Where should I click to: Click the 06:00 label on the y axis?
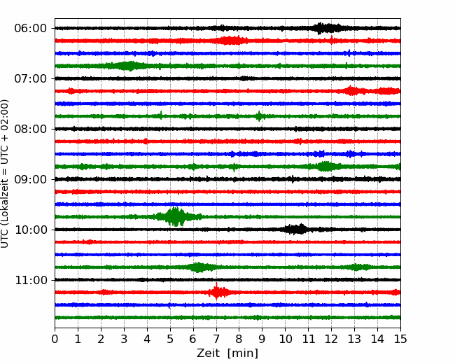[x=30, y=29]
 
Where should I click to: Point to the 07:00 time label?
[x=30, y=78]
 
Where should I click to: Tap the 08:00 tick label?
[x=30, y=129]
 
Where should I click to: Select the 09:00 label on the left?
[x=30, y=179]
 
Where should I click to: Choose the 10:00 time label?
[x=30, y=230]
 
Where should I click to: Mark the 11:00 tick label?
[x=30, y=280]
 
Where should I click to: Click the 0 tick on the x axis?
[x=55, y=339]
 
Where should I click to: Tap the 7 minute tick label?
[x=216, y=339]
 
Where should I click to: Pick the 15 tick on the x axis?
[x=400, y=339]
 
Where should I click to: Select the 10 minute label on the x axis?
[x=285, y=339]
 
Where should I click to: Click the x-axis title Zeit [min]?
[x=227, y=353]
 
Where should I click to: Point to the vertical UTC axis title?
[x=4, y=174]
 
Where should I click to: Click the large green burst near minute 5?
[x=175, y=216]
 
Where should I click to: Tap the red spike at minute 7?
[x=217, y=291]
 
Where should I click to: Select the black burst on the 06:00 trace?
[x=326, y=28]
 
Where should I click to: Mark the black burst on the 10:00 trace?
[x=295, y=230]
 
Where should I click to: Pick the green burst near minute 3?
[x=127, y=66]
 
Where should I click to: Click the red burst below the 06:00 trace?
[x=231, y=41]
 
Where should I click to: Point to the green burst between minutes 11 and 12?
[x=325, y=167]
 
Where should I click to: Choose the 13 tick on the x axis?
[x=354, y=339]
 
